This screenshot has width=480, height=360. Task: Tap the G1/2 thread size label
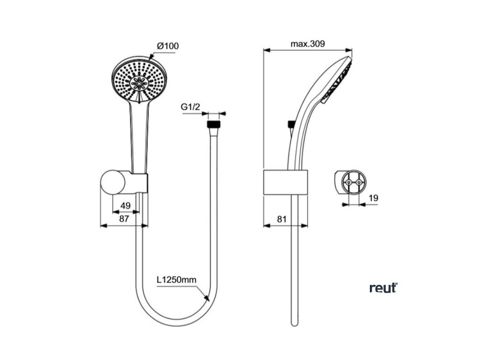[190, 107]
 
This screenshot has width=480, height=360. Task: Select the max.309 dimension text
[307, 44]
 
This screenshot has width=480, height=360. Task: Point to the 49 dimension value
[125, 205]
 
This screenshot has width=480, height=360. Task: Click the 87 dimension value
[124, 218]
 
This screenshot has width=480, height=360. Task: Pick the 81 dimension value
[282, 218]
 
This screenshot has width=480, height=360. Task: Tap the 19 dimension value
[373, 198]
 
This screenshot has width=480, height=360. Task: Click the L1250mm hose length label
[176, 280]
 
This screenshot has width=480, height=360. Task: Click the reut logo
[383, 288]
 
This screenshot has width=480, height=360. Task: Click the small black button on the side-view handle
[291, 124]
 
